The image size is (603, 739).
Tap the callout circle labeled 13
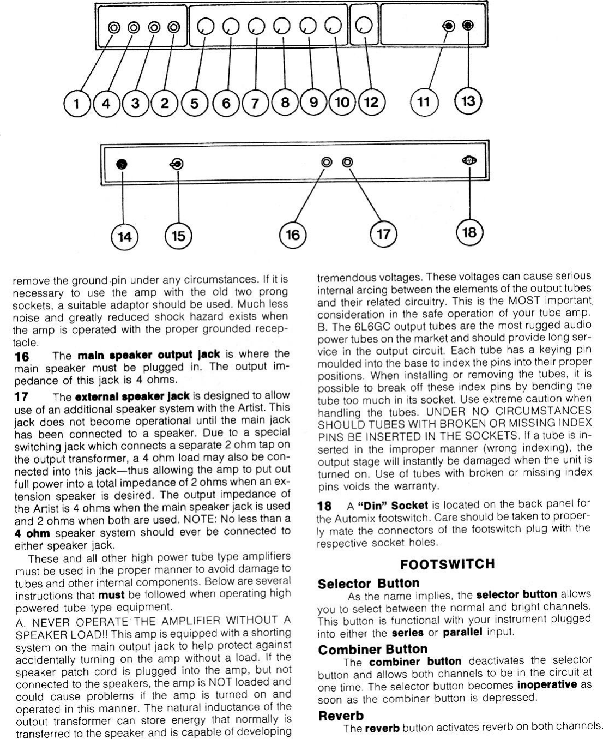point(468,101)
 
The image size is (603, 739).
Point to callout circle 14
point(124,236)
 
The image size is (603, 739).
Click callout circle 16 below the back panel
point(293,235)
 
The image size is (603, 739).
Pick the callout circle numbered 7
point(253,103)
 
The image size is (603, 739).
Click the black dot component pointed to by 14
point(123,163)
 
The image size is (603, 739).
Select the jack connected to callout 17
point(347,162)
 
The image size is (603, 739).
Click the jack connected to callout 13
point(467,25)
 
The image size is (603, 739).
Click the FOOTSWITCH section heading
point(448,564)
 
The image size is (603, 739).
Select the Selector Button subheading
point(369,583)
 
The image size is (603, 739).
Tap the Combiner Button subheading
point(373,649)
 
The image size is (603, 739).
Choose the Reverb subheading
point(341,715)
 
